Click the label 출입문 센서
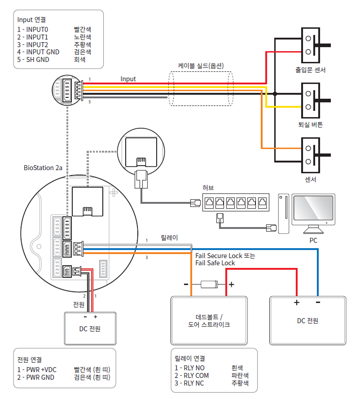pyautogui.click(x=310, y=70)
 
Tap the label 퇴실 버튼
pyautogui.click(x=310, y=125)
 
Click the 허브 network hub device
pyautogui.click(x=235, y=203)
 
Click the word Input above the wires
pyautogui.click(x=128, y=79)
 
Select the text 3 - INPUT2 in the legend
pyautogui.click(x=33, y=45)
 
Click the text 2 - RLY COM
pyautogui.click(x=192, y=375)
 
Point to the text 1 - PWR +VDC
pyautogui.click(x=37, y=370)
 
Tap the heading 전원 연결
pyautogui.click(x=29, y=360)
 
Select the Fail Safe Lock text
pyautogui.click(x=215, y=263)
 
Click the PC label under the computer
pyautogui.click(x=313, y=241)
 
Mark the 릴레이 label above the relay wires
pyautogui.click(x=169, y=237)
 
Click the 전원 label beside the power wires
pyautogui.click(x=79, y=304)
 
